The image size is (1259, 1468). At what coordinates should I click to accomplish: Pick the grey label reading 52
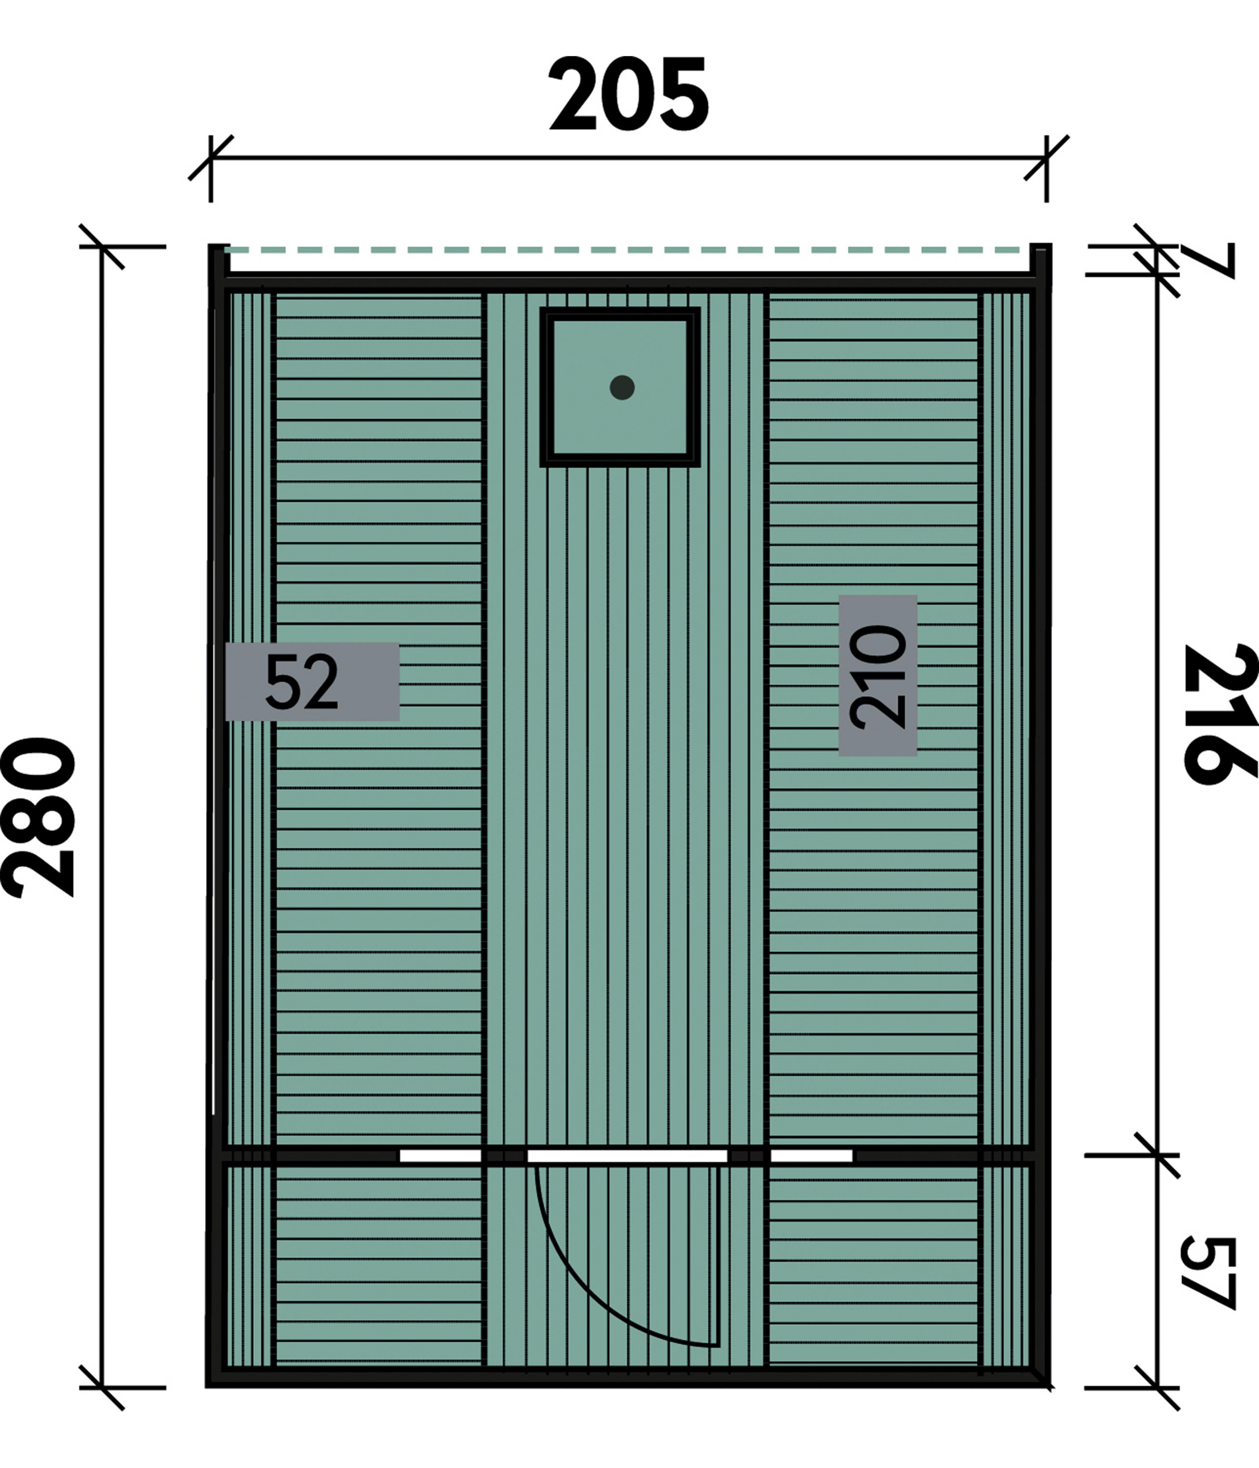click(312, 682)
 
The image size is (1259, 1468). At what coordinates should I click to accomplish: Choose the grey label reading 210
click(878, 675)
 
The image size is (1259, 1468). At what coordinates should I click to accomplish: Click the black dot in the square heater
click(622, 388)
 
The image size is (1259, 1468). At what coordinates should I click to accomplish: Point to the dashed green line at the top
click(628, 249)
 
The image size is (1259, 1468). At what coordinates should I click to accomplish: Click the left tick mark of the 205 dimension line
click(210, 157)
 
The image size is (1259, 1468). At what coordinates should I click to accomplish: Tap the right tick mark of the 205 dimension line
click(1046, 157)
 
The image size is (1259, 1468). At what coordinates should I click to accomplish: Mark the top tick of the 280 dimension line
click(101, 246)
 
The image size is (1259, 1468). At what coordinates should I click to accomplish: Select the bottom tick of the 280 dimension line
click(101, 1387)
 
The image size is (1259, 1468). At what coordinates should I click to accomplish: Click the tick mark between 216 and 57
click(1157, 1155)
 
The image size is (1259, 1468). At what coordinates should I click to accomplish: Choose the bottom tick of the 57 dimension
click(1157, 1387)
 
